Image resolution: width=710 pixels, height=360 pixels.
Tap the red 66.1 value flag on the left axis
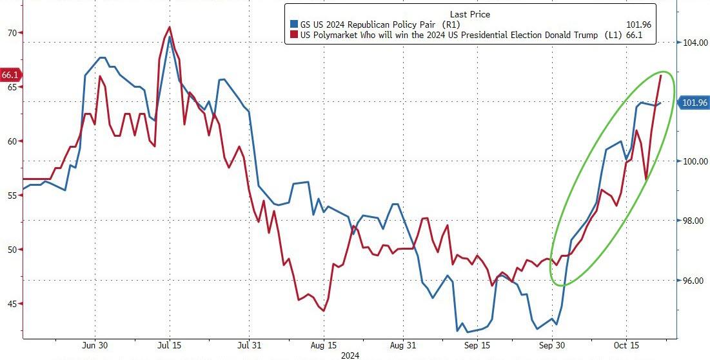pyautogui.click(x=10, y=75)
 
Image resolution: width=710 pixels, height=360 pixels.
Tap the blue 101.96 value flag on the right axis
pyautogui.click(x=694, y=103)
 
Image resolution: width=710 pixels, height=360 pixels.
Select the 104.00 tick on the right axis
pyautogui.click(x=693, y=43)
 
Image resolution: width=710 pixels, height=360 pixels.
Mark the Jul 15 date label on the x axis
pyautogui.click(x=169, y=345)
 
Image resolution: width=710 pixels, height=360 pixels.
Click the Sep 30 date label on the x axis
pyautogui.click(x=552, y=345)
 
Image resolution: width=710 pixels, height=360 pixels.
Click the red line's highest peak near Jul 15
pyautogui.click(x=169, y=27)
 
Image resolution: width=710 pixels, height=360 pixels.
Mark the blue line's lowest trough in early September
pyautogui.click(x=457, y=331)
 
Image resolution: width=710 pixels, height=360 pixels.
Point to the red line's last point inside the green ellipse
pyautogui.click(x=661, y=75)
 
